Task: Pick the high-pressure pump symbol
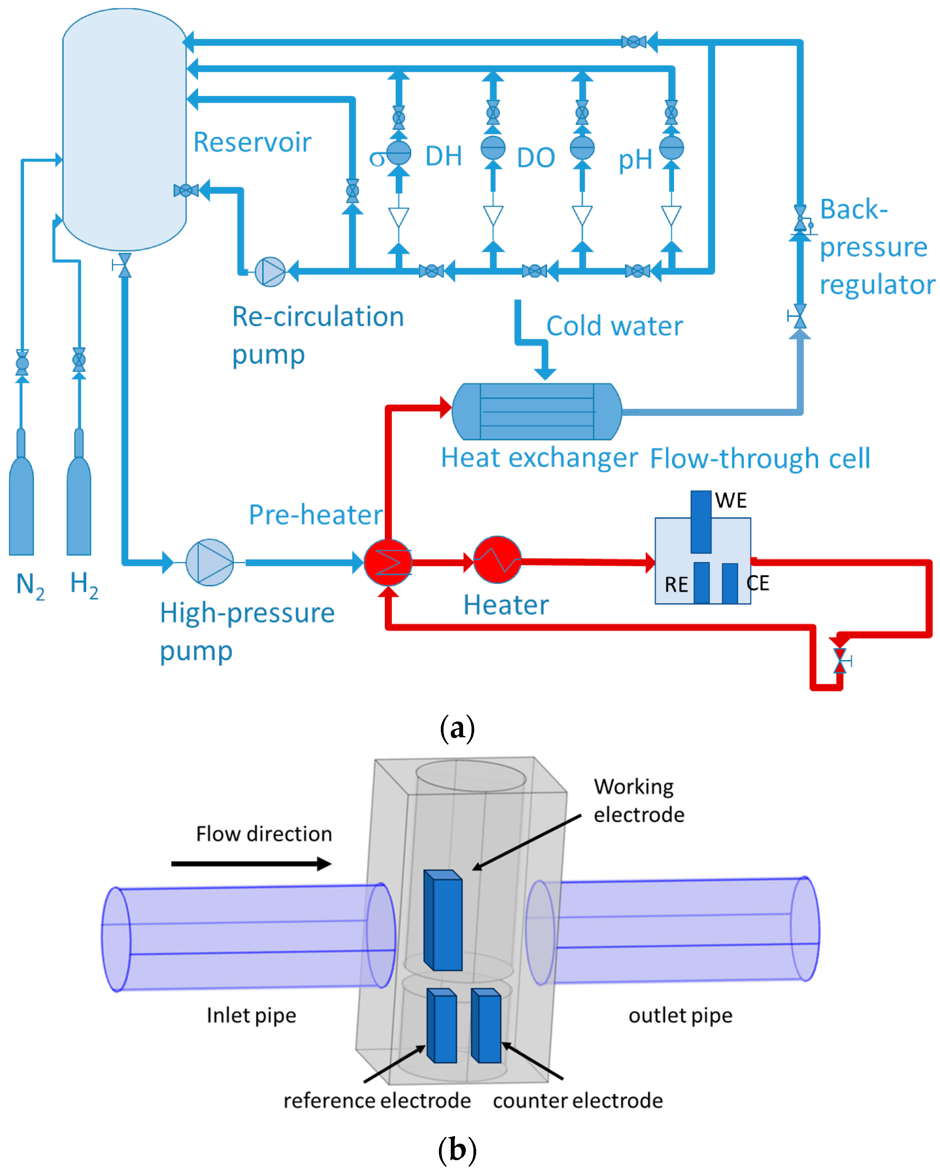[210, 563]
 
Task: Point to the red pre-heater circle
[388, 563]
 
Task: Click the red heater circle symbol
[497, 560]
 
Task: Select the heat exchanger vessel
[537, 412]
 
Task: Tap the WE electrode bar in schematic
[701, 522]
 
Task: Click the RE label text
[676, 585]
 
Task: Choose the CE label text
[758, 583]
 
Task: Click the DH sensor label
[444, 156]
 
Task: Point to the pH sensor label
[635, 160]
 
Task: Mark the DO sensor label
[536, 158]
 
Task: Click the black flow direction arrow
[251, 864]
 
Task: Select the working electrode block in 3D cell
[444, 920]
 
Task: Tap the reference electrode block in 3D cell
[442, 1026]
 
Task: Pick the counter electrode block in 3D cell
[486, 1026]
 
